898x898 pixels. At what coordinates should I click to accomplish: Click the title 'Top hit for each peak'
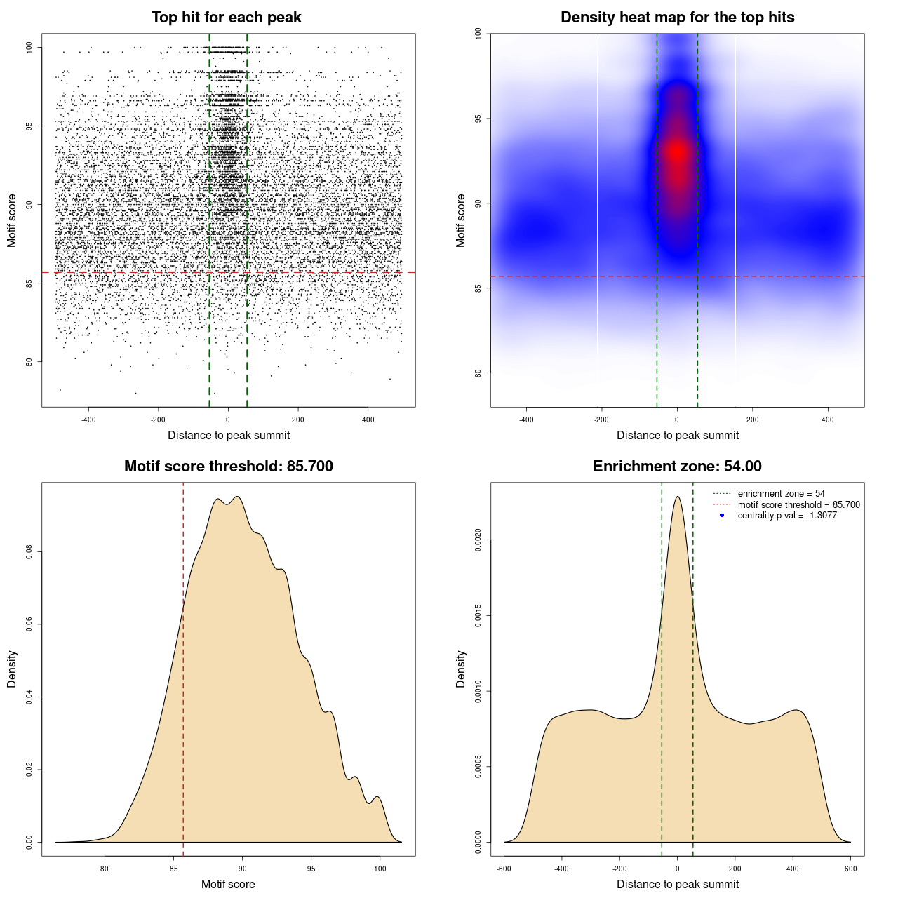point(226,18)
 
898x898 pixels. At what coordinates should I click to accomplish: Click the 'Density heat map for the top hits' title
point(677,18)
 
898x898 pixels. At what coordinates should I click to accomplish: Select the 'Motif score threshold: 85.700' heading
point(228,467)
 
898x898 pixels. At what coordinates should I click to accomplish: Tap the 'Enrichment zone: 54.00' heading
point(677,467)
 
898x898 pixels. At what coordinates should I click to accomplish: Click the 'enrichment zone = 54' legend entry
point(781,494)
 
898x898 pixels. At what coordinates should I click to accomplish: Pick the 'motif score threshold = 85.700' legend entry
point(798,504)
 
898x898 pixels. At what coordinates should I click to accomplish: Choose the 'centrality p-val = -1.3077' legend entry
point(787,516)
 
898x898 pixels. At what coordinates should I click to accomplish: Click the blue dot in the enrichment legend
point(722,516)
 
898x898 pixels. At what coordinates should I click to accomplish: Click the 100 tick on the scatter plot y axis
point(29,47)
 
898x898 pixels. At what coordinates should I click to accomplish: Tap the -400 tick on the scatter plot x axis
point(88,420)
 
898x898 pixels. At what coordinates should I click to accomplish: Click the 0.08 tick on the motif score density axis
point(29,553)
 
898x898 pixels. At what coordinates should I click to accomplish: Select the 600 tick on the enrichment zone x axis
point(850,869)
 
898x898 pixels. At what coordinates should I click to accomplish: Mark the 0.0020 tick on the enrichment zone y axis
point(478,540)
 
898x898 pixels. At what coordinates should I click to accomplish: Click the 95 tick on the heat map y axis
point(478,119)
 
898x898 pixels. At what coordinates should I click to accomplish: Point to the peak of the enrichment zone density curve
point(677,497)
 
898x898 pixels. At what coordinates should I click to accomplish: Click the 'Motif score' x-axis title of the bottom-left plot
point(228,884)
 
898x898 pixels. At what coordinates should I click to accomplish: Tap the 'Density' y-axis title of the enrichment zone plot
point(461,669)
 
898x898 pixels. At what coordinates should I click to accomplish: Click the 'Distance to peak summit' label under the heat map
point(677,435)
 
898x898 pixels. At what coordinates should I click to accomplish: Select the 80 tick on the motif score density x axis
point(105,869)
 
